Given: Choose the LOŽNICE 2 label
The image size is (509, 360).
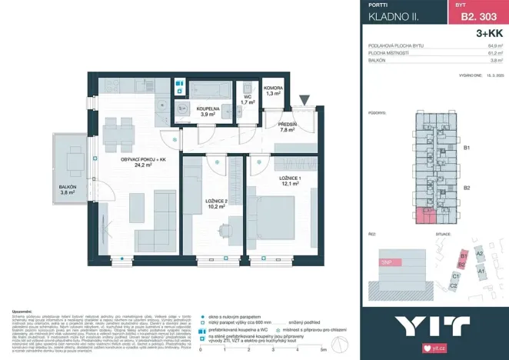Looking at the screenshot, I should (215, 202).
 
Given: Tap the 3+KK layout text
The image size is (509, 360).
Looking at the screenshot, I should (489, 34).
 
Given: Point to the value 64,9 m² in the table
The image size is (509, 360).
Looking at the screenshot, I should (495, 47).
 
